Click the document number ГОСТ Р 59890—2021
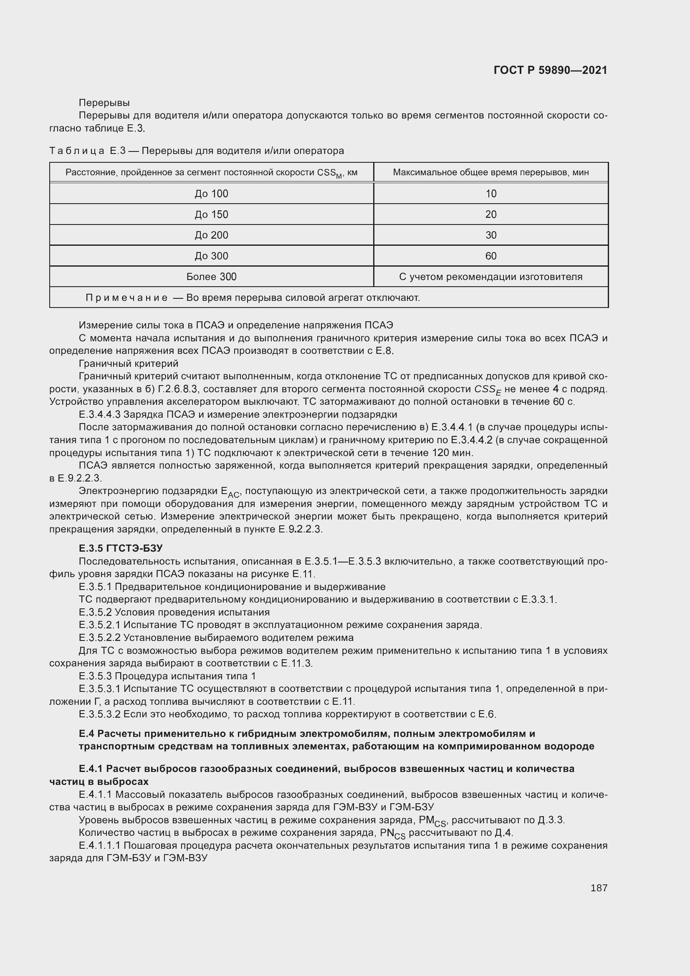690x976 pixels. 550,70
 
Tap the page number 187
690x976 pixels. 599,888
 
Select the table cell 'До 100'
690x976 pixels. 211,194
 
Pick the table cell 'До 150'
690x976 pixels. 211,214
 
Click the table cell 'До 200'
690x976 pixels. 211,235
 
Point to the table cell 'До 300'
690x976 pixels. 211,256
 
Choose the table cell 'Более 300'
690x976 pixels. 211,277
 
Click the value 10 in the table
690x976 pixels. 490,194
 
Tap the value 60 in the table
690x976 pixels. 490,256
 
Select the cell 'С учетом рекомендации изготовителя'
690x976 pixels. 490,277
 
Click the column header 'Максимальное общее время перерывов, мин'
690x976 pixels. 490,172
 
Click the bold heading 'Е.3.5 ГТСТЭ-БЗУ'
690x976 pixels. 121,548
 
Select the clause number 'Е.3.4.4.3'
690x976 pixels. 99,414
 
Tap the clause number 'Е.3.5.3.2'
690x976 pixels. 99,714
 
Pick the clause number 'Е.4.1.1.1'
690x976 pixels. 99,845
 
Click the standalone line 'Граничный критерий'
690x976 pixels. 129,363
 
